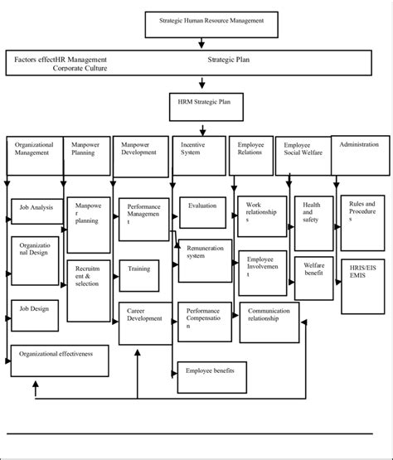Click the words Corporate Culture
pos(80,70)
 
